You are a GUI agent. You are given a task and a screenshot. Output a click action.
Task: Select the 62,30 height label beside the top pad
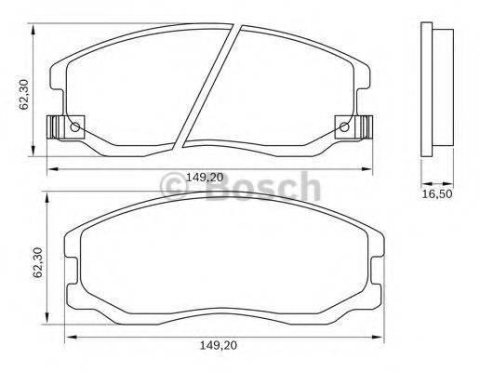pyautogui.click(x=26, y=93)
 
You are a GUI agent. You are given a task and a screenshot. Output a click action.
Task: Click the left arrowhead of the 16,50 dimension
pyautogui.click(x=424, y=180)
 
